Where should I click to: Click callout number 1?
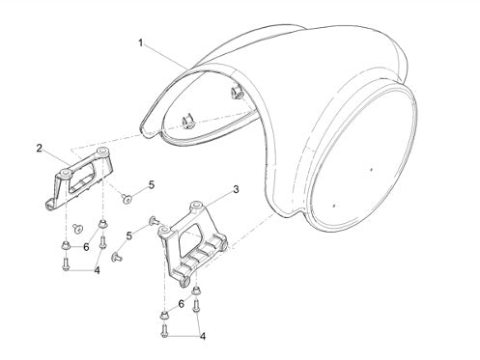click(x=141, y=43)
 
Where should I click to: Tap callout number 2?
click(x=40, y=149)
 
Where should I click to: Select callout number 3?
click(x=236, y=190)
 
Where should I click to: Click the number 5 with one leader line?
click(x=152, y=185)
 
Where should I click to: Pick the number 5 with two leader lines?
click(x=129, y=235)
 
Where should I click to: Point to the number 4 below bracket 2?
click(x=97, y=270)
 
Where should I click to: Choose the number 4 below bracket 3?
click(x=203, y=337)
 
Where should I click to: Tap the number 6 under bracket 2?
click(x=86, y=247)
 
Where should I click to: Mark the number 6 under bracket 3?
click(x=182, y=304)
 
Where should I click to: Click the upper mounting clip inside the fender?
click(x=237, y=95)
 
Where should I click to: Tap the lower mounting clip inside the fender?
click(x=187, y=123)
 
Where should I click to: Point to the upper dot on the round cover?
click(x=372, y=169)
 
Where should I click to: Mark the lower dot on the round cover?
click(x=334, y=205)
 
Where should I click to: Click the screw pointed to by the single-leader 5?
click(x=127, y=199)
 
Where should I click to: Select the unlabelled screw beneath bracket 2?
click(x=77, y=228)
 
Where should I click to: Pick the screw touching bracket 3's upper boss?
click(x=155, y=221)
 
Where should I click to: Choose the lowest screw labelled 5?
click(x=116, y=257)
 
